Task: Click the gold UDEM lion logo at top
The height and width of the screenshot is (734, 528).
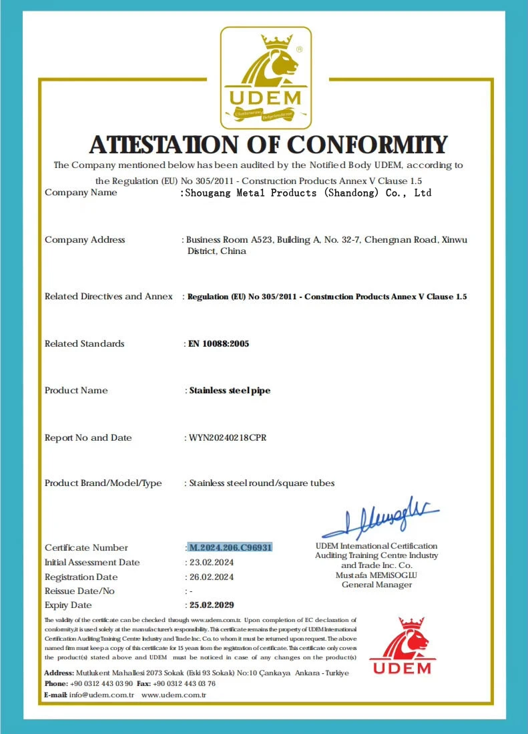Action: pyautogui.click(x=266, y=77)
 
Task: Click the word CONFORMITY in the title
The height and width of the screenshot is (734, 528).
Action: pyautogui.click(x=367, y=145)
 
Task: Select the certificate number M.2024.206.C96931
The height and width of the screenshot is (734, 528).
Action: pyautogui.click(x=230, y=547)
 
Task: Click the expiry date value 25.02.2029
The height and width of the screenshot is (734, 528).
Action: pyautogui.click(x=212, y=605)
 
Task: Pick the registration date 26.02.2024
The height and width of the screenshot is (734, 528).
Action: pyautogui.click(x=210, y=577)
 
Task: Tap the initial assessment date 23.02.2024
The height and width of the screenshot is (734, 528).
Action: pyautogui.click(x=210, y=562)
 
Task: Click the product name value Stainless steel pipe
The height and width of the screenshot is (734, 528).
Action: pyautogui.click(x=230, y=391)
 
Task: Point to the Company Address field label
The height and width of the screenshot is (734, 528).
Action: pyautogui.click(x=85, y=240)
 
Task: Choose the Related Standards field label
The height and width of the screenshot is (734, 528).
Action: pyautogui.click(x=84, y=343)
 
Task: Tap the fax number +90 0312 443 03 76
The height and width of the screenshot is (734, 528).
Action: pyautogui.click(x=184, y=683)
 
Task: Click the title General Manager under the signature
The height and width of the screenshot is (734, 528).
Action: pyautogui.click(x=376, y=585)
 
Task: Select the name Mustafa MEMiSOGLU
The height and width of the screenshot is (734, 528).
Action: pyautogui.click(x=376, y=575)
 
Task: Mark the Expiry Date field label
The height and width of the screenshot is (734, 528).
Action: pyautogui.click(x=68, y=605)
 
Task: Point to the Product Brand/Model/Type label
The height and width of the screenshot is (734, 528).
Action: pyautogui.click(x=103, y=483)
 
